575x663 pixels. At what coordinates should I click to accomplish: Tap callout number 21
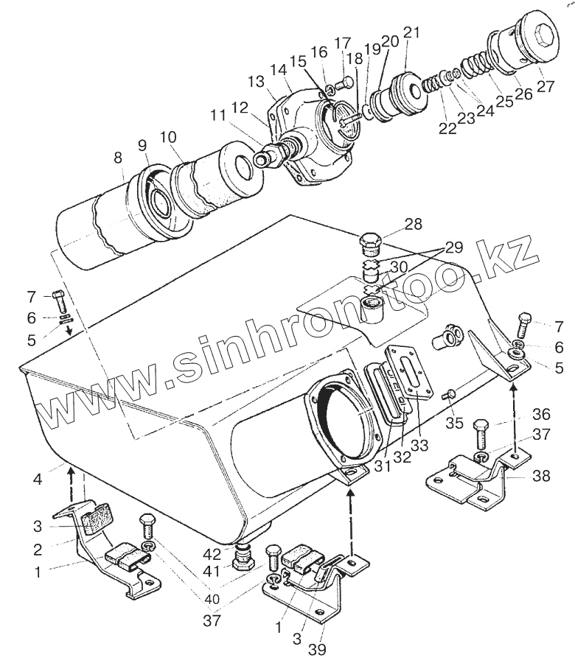(x=411, y=33)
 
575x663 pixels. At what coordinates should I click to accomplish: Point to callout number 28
(x=414, y=223)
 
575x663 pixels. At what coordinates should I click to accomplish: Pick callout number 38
(x=542, y=476)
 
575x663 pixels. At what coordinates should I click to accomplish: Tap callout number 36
(x=541, y=414)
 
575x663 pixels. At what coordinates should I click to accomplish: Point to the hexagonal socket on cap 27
(x=545, y=32)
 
